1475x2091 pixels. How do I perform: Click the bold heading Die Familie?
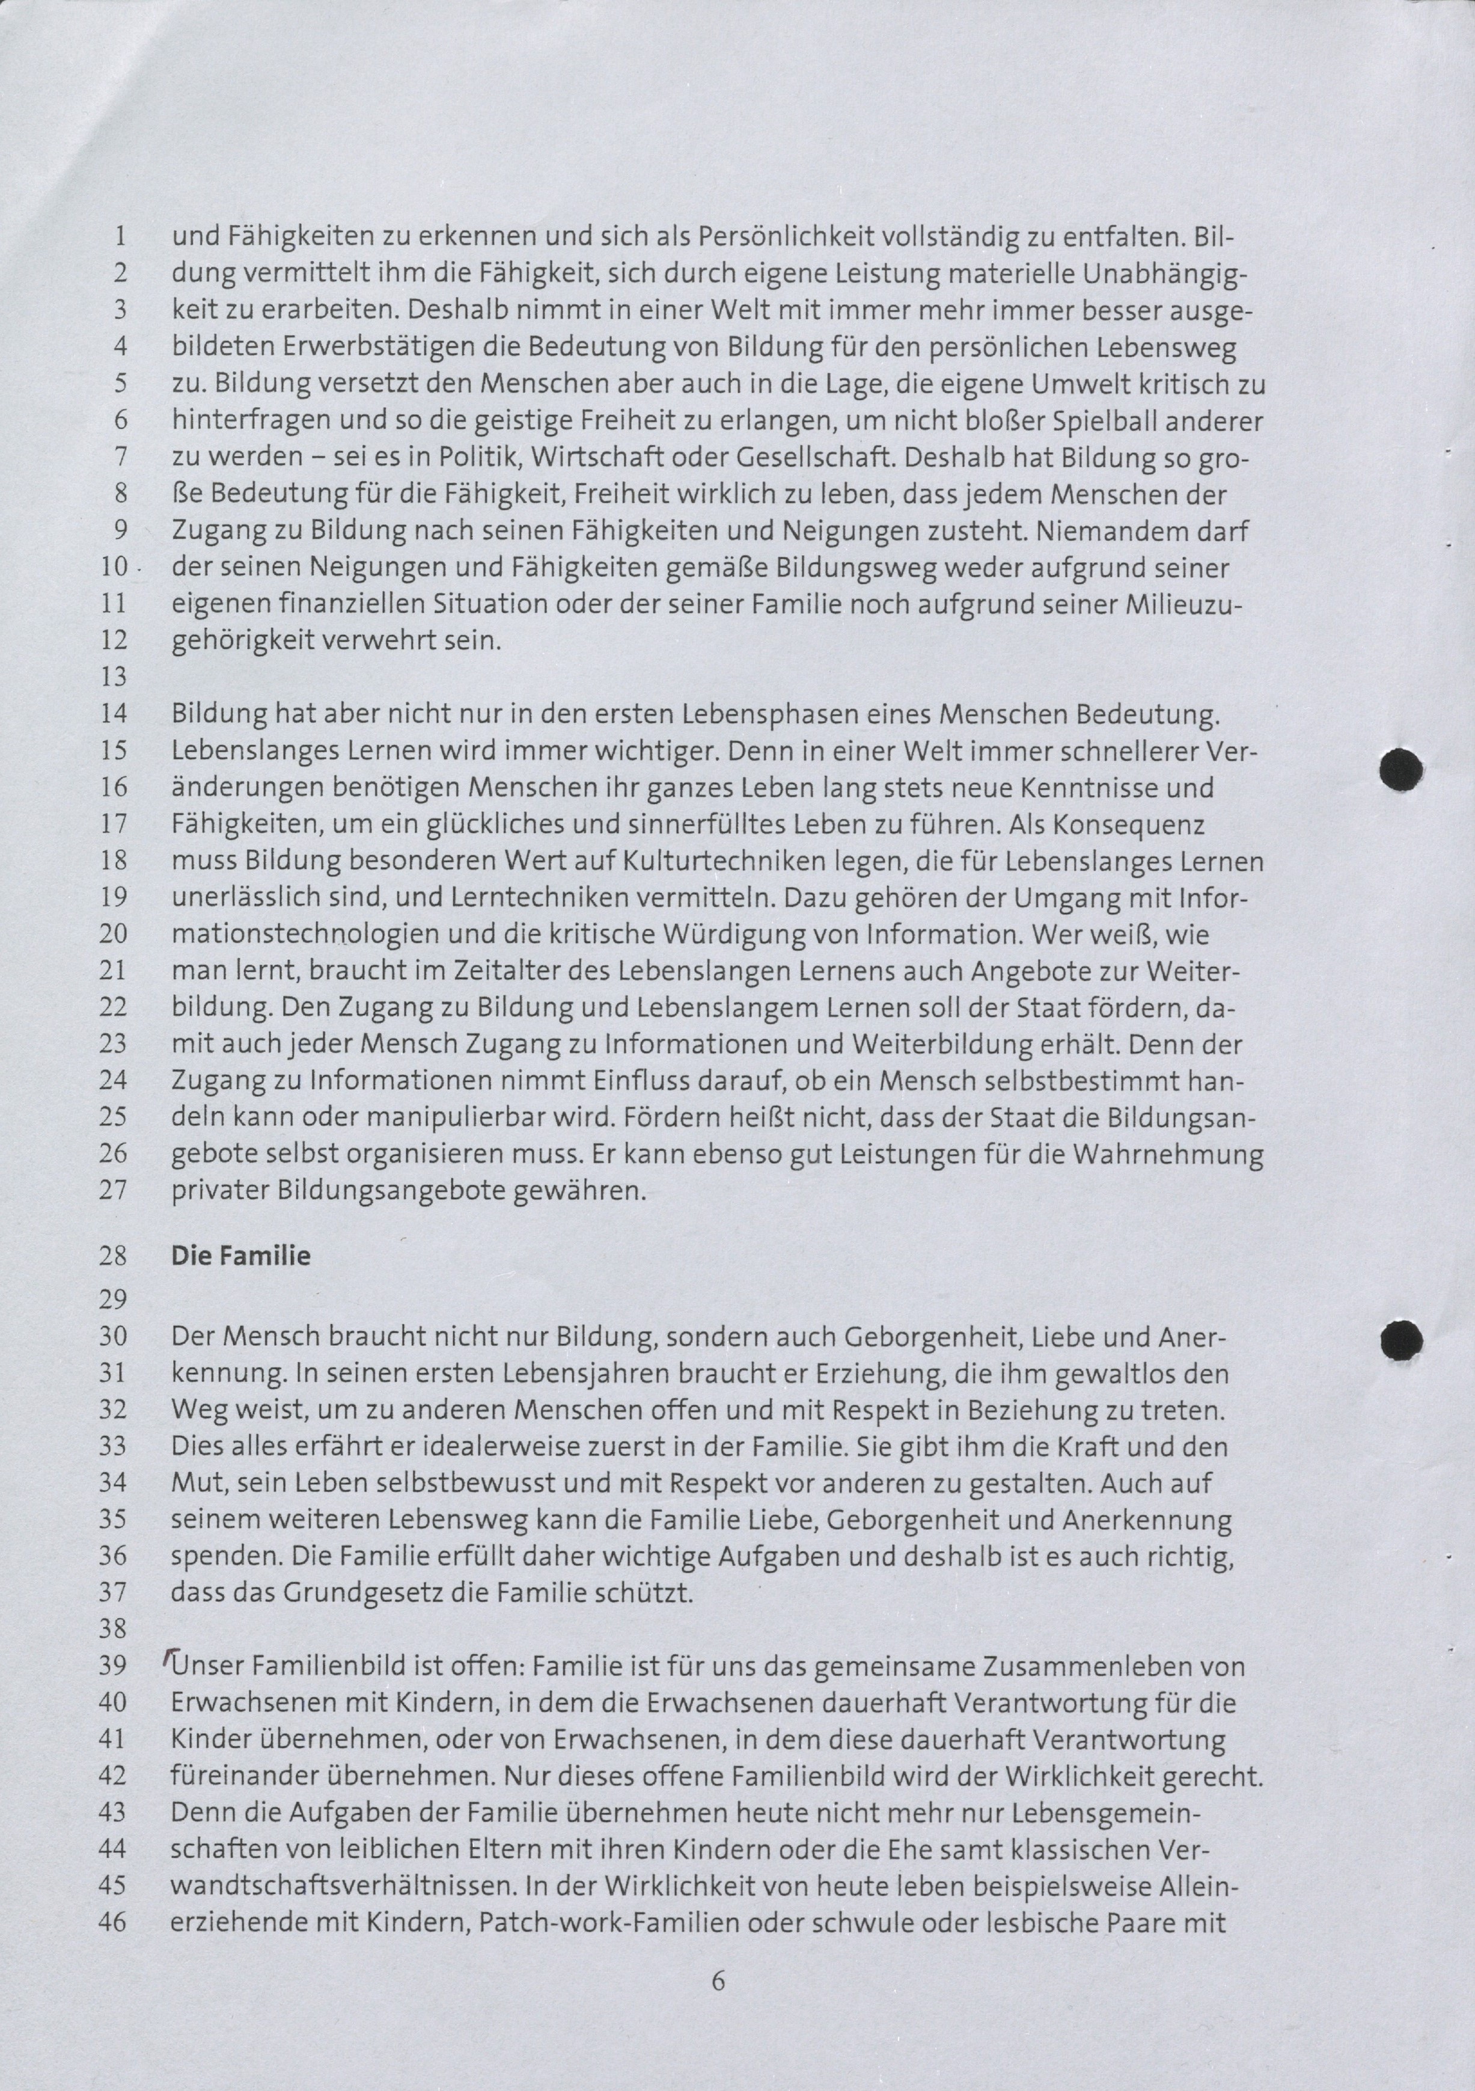[240, 1256]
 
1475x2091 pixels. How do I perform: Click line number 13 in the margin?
[113, 677]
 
